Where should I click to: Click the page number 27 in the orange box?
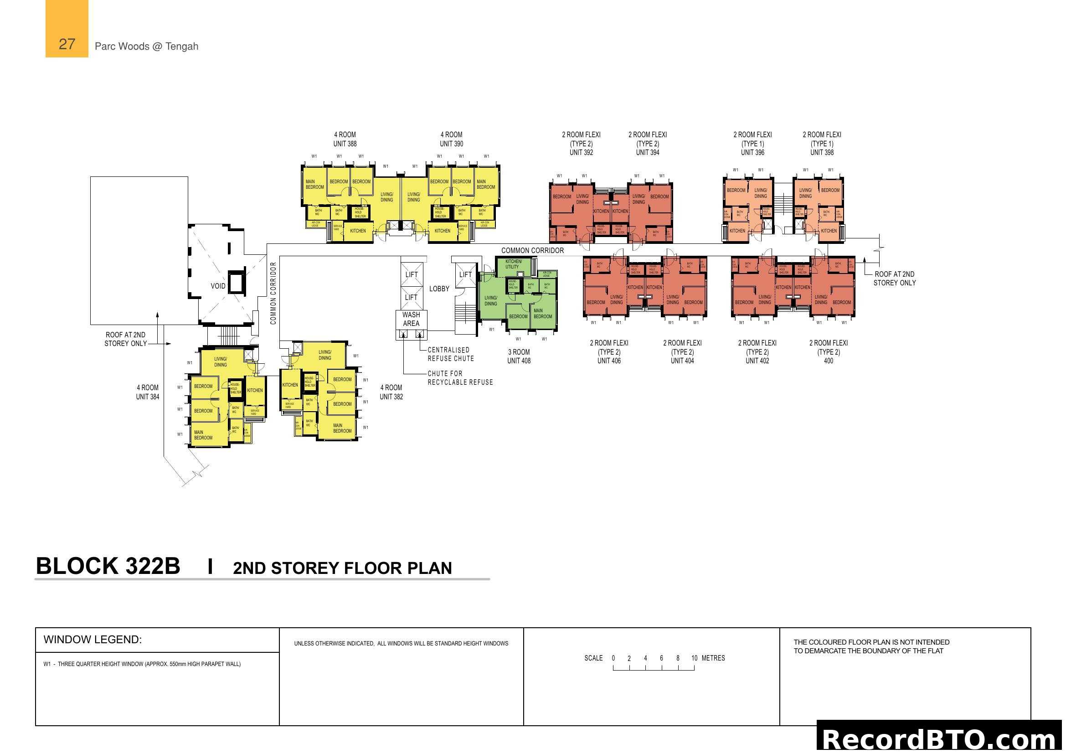click(67, 44)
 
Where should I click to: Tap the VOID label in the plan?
click(218, 286)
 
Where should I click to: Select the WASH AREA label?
click(411, 319)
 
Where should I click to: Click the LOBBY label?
click(439, 289)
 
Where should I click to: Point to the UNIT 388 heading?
click(345, 144)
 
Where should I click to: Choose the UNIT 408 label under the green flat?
click(519, 361)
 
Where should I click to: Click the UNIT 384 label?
click(148, 397)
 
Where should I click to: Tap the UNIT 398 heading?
click(822, 152)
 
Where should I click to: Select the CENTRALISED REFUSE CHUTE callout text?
click(450, 354)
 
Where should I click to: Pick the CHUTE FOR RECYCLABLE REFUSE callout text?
click(460, 378)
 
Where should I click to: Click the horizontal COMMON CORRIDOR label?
click(532, 250)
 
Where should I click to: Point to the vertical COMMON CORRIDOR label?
click(273, 293)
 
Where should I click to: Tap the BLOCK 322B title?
click(108, 567)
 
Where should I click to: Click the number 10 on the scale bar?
click(694, 658)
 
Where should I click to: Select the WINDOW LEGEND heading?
click(93, 639)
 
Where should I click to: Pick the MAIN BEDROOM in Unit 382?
click(342, 428)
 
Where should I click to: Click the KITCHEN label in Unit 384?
click(255, 391)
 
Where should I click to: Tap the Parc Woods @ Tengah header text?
click(146, 46)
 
